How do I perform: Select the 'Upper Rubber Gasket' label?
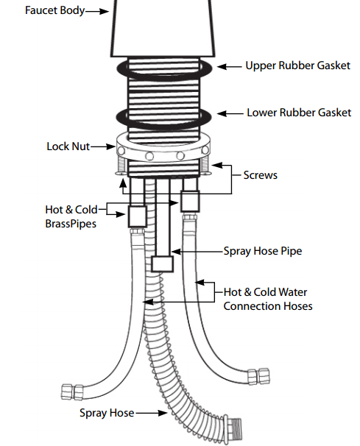(297, 66)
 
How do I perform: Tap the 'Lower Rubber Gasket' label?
(298, 113)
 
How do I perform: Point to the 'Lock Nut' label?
(68, 146)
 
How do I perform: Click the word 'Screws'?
(261, 175)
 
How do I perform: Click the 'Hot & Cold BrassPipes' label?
(70, 216)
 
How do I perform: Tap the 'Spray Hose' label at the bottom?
(107, 413)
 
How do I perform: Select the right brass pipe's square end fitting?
(191, 200)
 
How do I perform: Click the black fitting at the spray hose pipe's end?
(163, 263)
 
